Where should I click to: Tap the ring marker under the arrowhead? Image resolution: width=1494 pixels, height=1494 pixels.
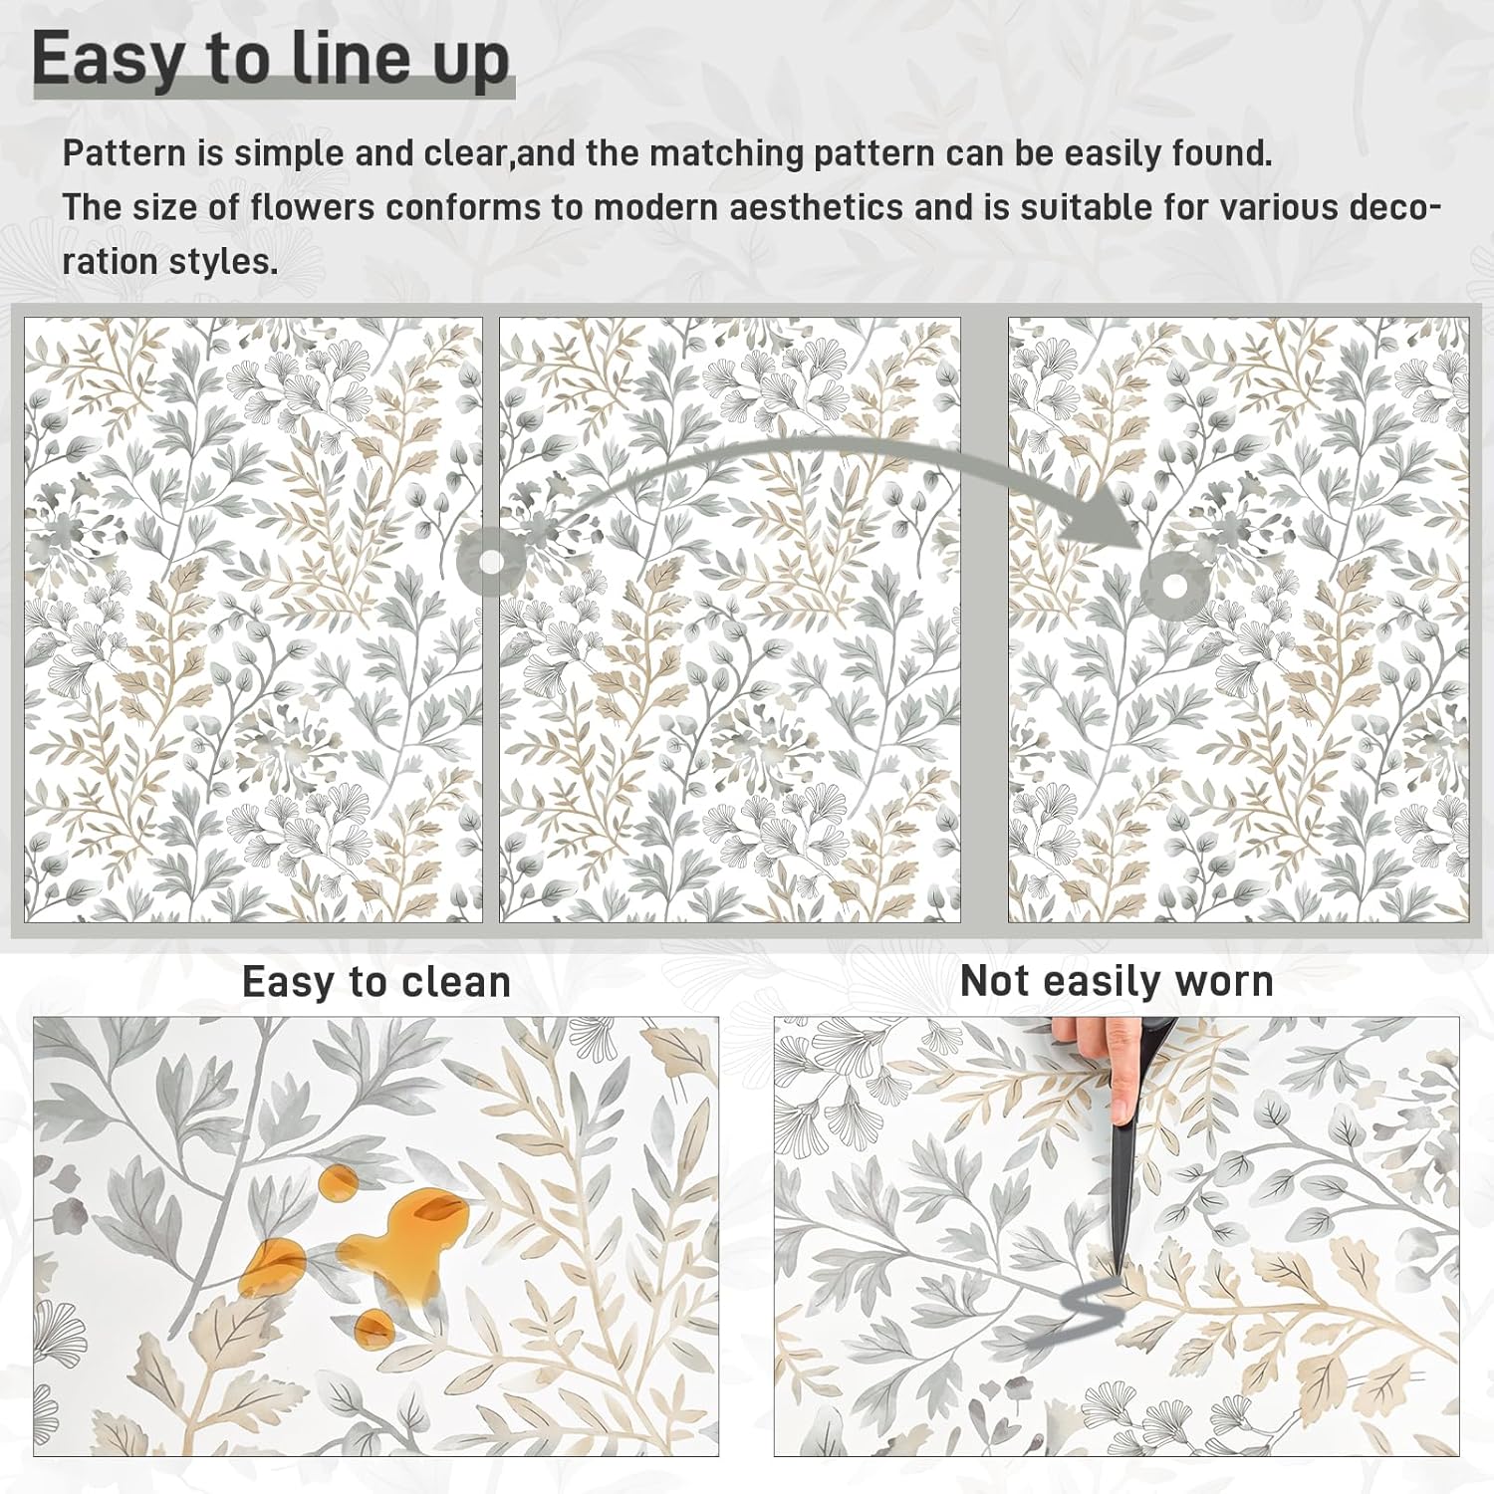1174,587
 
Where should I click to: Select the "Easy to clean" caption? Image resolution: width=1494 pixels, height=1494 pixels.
376,982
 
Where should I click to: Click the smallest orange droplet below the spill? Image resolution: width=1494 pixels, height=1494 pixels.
374,1325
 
